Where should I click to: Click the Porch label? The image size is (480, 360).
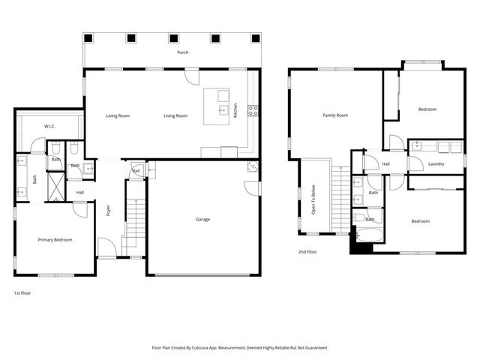pyautogui.click(x=182, y=52)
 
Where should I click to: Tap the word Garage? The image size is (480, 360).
pyautogui.click(x=202, y=220)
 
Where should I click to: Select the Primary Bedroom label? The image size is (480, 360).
pyautogui.click(x=55, y=240)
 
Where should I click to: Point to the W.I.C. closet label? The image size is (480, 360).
pyautogui.click(x=50, y=126)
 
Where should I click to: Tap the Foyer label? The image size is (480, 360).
pyautogui.click(x=108, y=211)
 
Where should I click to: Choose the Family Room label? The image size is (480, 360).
pyautogui.click(x=335, y=115)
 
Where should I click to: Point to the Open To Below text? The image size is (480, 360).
pyautogui.click(x=314, y=199)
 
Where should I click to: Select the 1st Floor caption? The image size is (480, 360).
pyautogui.click(x=23, y=292)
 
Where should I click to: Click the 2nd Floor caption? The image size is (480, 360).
pyautogui.click(x=307, y=252)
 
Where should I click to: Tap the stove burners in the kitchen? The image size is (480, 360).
pyautogui.click(x=253, y=109)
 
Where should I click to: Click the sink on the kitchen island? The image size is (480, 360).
pyautogui.click(x=222, y=109)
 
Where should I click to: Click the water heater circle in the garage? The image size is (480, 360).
pyautogui.click(x=253, y=167)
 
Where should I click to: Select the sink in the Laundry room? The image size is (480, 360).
pyautogui.click(x=418, y=147)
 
